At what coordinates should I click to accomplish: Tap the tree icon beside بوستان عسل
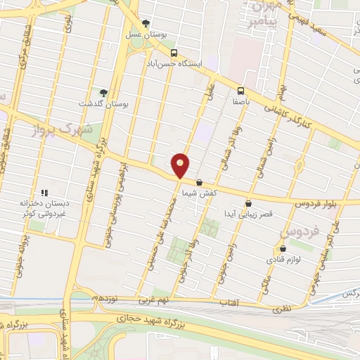coord(146,24)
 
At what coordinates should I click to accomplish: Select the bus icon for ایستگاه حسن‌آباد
coord(173,52)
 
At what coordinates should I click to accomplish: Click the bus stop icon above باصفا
coord(240,90)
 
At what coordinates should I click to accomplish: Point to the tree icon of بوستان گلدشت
coord(104,92)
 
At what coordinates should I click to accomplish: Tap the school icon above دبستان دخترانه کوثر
coord(44,192)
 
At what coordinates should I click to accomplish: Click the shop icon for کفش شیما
coord(199,182)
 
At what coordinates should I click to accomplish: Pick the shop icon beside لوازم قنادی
coord(283,248)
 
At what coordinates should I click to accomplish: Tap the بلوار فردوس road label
coord(295,204)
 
